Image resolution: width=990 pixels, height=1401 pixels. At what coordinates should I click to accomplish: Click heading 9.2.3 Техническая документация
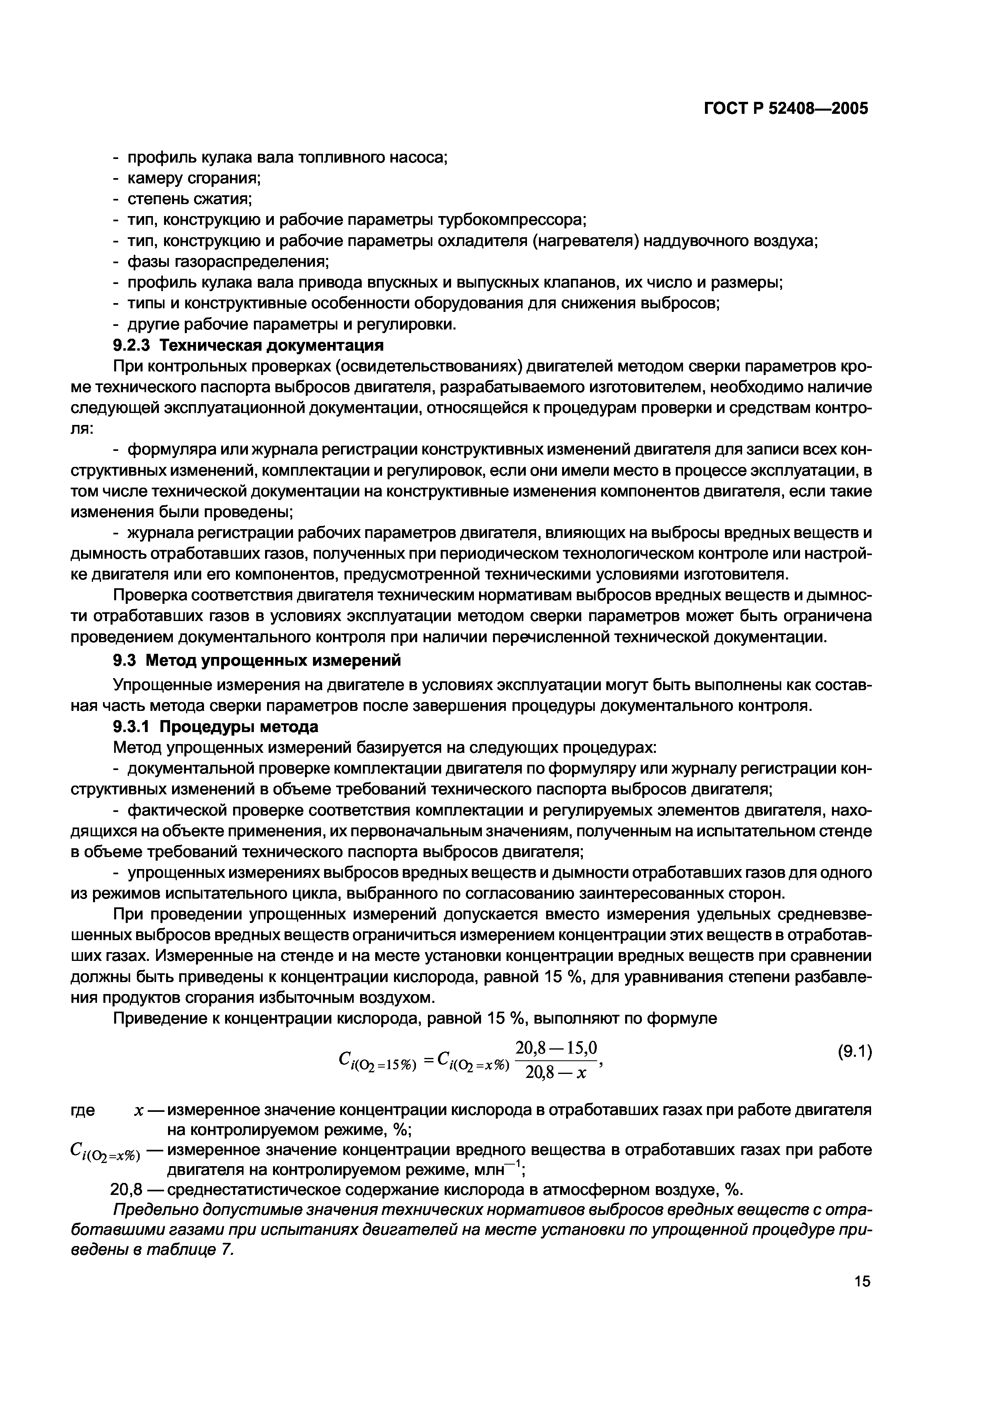[248, 345]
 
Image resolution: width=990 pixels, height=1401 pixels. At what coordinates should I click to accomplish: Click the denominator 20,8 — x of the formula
[555, 1072]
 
